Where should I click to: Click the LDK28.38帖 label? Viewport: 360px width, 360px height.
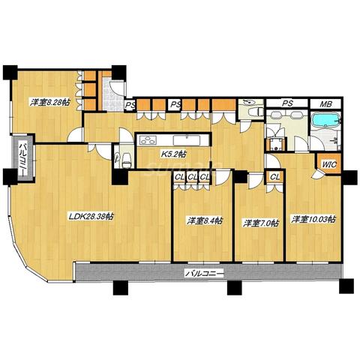click(x=91, y=216)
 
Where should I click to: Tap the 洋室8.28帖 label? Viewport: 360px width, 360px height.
click(x=50, y=102)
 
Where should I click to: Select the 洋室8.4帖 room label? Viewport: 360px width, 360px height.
click(x=205, y=220)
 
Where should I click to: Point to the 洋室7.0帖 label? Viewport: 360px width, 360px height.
click(x=261, y=223)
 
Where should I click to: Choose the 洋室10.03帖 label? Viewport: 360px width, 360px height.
click(x=313, y=219)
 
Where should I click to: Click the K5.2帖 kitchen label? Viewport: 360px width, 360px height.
click(x=173, y=154)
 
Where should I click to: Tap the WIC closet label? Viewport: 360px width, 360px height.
click(x=329, y=164)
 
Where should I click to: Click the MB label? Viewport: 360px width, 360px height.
click(x=326, y=104)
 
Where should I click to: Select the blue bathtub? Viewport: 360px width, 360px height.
click(x=325, y=119)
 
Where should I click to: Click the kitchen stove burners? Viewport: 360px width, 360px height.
click(x=148, y=140)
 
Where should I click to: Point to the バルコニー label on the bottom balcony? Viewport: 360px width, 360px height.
click(x=204, y=274)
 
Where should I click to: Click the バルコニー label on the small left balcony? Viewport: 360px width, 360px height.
click(x=24, y=158)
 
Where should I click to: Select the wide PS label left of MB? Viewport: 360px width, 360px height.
click(x=287, y=103)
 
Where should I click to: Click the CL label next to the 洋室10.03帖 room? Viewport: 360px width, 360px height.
click(x=275, y=177)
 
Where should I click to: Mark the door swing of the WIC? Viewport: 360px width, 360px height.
click(x=316, y=174)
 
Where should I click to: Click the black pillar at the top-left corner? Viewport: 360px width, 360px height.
click(x=10, y=73)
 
